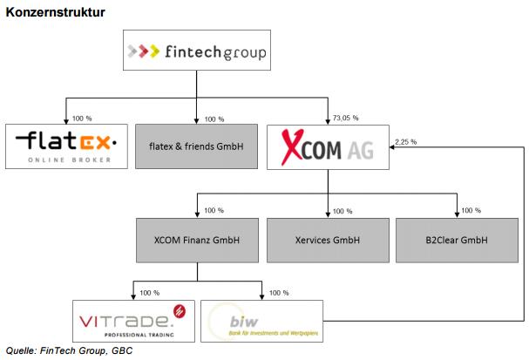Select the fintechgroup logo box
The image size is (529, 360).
pos(196,51)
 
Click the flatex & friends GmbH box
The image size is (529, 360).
pos(197,146)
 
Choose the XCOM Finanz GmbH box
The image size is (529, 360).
pos(197,241)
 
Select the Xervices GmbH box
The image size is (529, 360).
pos(327,241)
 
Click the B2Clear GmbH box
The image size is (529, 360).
pos(457,241)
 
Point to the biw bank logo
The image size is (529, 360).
pos(261,320)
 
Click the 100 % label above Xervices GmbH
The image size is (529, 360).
pos(343,211)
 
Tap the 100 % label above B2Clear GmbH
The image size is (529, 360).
pos(472,211)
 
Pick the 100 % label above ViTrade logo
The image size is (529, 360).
pos(150,292)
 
